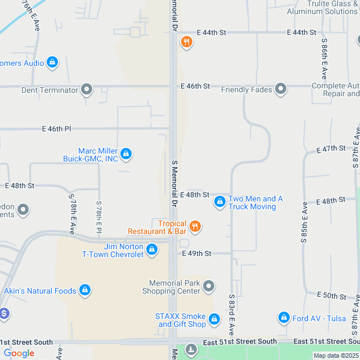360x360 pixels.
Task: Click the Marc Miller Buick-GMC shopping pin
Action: [126, 153]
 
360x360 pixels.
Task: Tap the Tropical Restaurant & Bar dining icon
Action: [195, 226]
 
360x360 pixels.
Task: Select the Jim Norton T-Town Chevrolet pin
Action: [151, 249]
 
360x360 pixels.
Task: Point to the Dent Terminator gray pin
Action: [87, 89]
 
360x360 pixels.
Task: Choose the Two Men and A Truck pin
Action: [219, 201]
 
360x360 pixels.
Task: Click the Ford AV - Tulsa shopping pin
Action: [283, 318]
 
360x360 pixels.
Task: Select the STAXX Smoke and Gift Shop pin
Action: [214, 319]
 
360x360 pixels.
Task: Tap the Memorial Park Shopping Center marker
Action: [209, 286]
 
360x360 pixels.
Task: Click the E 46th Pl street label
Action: [56, 129]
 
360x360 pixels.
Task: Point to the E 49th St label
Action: [196, 254]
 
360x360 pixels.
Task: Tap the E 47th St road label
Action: [331, 149]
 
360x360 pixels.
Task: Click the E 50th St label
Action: [331, 295]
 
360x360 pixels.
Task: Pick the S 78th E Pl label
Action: [99, 218]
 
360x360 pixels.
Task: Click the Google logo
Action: [19, 353]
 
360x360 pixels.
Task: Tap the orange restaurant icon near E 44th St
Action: [187, 42]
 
